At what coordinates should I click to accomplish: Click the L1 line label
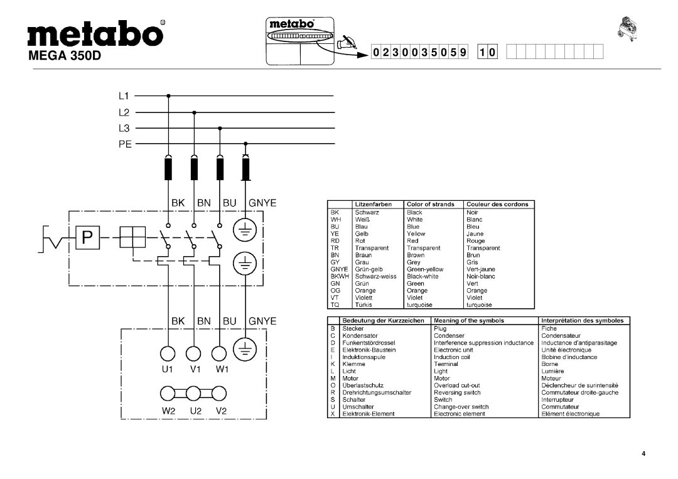click(122, 97)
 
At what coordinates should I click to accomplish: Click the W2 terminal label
click(168, 412)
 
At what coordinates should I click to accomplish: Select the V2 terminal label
click(220, 412)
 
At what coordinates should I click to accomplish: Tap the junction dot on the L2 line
click(194, 112)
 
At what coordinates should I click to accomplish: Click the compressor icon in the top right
click(630, 28)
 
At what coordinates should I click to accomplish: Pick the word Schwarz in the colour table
click(367, 212)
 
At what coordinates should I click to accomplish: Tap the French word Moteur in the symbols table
click(551, 379)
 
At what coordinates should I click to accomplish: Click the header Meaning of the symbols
click(469, 320)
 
